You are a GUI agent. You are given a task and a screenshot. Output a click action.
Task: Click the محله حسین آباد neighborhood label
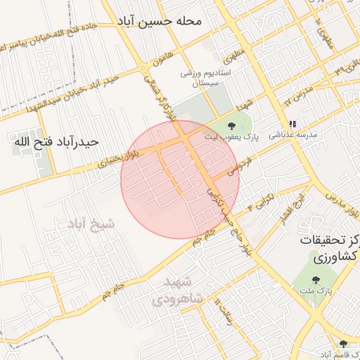tap(160, 21)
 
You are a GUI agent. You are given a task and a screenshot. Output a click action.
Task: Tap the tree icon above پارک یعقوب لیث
tap(231, 126)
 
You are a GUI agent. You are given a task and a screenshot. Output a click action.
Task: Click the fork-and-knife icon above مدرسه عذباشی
tap(292, 123)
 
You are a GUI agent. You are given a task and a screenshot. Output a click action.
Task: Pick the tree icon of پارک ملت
tap(314, 281)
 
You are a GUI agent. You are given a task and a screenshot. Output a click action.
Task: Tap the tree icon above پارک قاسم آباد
tap(343, 344)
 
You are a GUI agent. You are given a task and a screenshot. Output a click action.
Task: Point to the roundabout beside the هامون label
tap(143, 68)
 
